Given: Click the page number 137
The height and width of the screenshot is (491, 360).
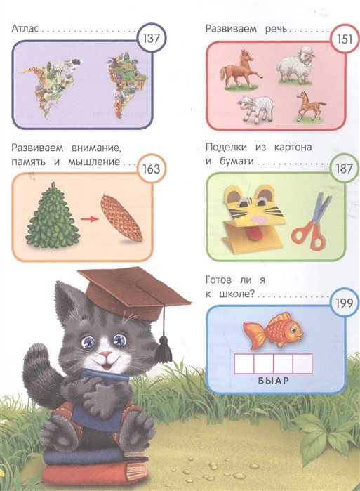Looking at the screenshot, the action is click(x=152, y=39).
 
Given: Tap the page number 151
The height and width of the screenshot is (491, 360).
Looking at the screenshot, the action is click(x=345, y=39).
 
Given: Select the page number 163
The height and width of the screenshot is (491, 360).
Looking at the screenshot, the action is click(x=152, y=169).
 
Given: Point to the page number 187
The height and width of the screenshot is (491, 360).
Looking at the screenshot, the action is click(x=344, y=169).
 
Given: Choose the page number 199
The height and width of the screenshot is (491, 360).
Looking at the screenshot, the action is click(x=344, y=303).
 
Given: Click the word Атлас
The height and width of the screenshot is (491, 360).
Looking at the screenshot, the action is click(x=25, y=29).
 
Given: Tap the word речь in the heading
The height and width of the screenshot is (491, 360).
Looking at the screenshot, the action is click(x=276, y=29).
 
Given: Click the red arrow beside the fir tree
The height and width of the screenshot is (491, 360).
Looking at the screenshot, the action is click(x=89, y=219).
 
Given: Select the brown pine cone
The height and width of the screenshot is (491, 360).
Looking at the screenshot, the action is click(x=121, y=218).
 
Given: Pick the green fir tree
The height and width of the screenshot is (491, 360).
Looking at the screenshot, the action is click(x=53, y=216).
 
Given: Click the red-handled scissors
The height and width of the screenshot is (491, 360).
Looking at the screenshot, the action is click(x=311, y=223).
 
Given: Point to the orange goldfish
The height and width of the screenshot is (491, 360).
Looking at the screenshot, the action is click(x=273, y=330).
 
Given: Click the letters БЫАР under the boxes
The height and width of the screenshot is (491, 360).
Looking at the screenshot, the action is click(x=274, y=381).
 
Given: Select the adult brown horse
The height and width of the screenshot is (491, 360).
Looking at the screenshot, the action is click(x=240, y=70).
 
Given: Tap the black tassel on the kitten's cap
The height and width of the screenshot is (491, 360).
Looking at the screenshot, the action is click(x=164, y=349).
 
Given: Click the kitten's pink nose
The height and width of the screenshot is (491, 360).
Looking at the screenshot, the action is click(x=105, y=355).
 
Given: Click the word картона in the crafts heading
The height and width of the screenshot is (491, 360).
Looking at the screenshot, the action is click(x=293, y=148).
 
